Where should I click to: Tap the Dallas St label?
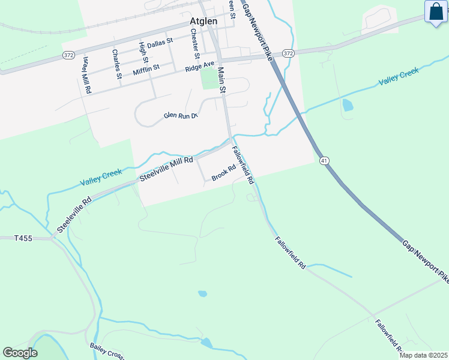(160, 42)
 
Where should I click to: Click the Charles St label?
(116, 60)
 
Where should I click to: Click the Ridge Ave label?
(200, 66)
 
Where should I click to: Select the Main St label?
(221, 80)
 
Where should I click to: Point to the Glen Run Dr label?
(181, 115)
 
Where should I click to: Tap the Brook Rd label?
(223, 173)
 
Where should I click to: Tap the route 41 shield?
(324, 160)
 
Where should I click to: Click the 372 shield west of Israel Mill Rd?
(68, 55)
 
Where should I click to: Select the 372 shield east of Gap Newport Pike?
(289, 53)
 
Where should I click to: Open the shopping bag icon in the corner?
(435, 11)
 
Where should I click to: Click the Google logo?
(20, 353)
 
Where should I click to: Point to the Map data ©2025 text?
(423, 355)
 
